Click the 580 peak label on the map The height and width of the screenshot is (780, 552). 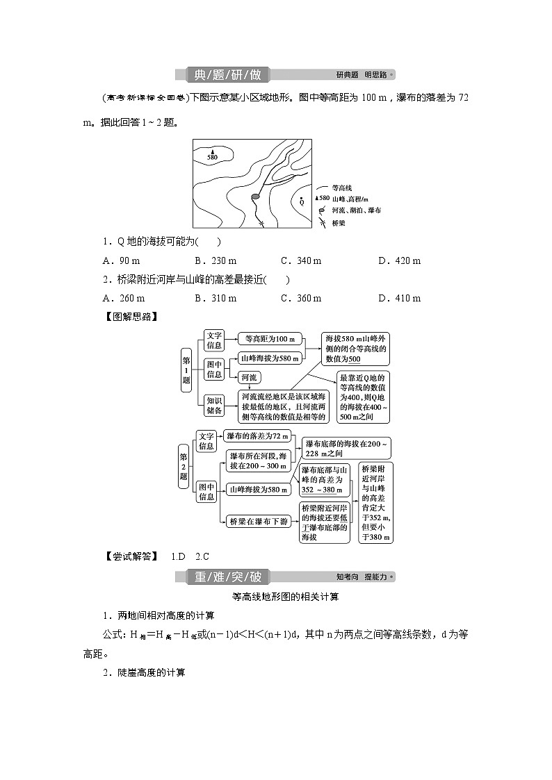[x=212, y=157]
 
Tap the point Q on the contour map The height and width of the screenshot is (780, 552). [x=301, y=202]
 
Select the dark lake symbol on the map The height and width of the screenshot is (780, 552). [x=255, y=197]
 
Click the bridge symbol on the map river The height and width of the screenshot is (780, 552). [x=261, y=223]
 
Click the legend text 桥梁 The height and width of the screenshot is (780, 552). [x=339, y=223]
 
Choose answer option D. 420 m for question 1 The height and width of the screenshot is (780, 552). [x=399, y=261]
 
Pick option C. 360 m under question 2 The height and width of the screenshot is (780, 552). [x=300, y=299]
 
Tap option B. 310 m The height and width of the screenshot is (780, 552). [x=216, y=299]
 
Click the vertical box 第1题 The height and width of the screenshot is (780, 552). [x=186, y=370]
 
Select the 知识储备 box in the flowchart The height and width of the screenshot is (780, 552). [x=215, y=405]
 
